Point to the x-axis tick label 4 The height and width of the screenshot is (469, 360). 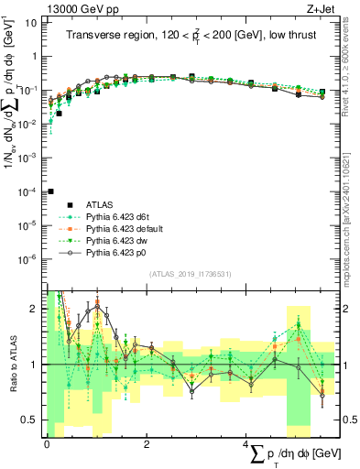pyautogui.click(x=245, y=443)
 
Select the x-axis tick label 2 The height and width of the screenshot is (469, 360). pyautogui.click(x=147, y=443)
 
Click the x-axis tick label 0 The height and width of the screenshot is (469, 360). pyautogui.click(x=47, y=443)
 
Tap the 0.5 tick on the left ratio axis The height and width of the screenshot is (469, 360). pyautogui.click(x=30, y=420)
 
